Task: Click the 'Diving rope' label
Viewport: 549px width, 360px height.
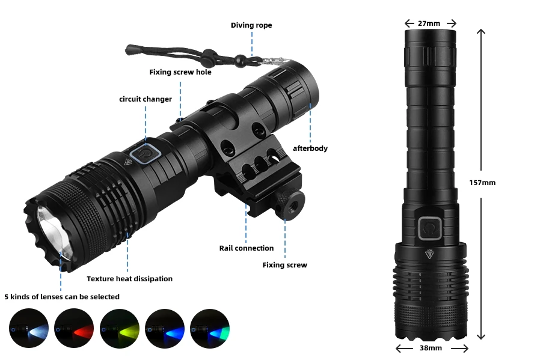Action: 251,25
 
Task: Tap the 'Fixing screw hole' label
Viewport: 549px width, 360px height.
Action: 180,72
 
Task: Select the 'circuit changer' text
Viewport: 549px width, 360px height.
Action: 146,99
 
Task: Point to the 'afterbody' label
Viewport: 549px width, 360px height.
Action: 310,148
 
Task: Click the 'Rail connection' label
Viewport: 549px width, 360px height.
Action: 246,248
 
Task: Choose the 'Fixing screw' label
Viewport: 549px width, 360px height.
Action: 284,265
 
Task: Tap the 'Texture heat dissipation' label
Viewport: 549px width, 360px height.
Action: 129,279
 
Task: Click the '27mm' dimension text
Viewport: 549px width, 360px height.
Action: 429,23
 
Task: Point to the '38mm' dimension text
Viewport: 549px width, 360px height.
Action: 431,348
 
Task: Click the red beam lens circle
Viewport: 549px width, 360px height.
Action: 74,329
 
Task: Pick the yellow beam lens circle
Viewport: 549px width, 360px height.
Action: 119,329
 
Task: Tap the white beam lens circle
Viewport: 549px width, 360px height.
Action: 28,329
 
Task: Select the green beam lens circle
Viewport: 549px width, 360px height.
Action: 210,329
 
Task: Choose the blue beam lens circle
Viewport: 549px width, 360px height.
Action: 164,329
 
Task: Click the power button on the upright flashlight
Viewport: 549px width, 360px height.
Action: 429,229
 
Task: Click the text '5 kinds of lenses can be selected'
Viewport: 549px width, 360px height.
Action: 62,297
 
